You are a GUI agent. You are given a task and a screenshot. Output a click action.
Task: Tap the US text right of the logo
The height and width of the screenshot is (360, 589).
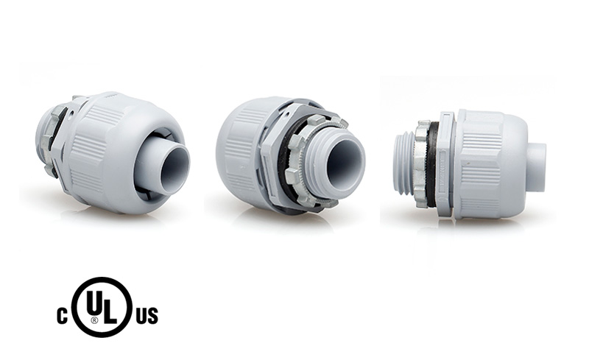[x=146, y=317]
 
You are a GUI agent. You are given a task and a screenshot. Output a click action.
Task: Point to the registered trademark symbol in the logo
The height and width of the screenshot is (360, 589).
[x=94, y=321]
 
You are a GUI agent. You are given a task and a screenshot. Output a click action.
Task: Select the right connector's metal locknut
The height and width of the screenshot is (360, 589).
[x=421, y=163]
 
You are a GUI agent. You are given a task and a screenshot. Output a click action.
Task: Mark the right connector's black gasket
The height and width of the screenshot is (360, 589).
[x=433, y=163]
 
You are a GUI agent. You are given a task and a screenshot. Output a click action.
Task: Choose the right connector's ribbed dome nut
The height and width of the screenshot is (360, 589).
[x=490, y=163]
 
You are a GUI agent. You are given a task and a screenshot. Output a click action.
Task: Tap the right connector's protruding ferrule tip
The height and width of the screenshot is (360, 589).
[x=537, y=166]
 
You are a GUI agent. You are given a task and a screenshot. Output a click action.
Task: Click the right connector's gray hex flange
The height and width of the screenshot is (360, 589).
[x=446, y=163]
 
